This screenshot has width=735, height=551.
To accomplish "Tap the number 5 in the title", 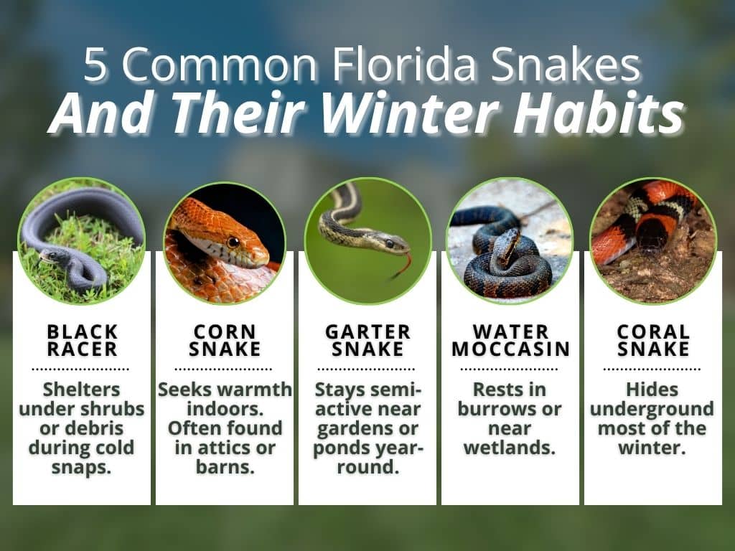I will click(94, 67).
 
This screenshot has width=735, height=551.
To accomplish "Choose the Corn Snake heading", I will click(224, 341).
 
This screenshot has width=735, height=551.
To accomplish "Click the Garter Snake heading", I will click(367, 341).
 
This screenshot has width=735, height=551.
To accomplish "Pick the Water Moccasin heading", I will click(510, 341).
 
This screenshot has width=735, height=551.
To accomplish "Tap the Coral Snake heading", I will click(653, 341).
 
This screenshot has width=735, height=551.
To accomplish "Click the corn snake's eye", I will click(233, 242).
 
